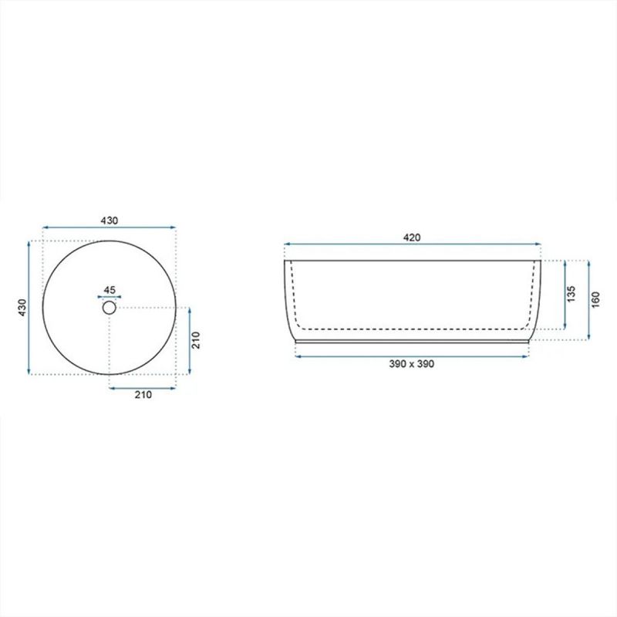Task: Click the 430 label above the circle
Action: pos(109,221)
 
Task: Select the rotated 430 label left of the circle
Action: pos(22,307)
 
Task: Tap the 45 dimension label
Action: pos(110,290)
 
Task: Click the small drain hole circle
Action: pos(110,307)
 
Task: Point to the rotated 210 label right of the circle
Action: pos(196,340)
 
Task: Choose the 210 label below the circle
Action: pos(143,395)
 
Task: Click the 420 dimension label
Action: pos(412,238)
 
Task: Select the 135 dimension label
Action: pos(571,294)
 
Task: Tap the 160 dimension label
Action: pos(595,299)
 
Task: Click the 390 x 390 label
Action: pos(412,364)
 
